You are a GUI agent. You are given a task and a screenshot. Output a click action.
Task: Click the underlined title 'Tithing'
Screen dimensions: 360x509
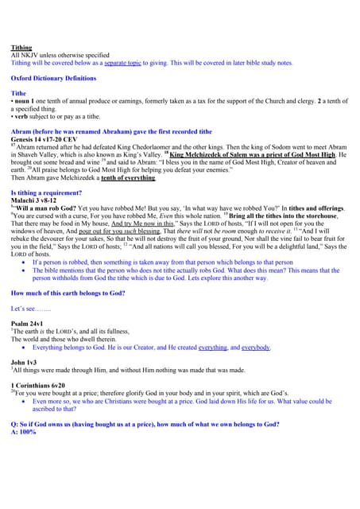(21, 48)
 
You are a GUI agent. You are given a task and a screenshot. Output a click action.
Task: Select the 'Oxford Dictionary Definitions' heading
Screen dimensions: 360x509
(52, 78)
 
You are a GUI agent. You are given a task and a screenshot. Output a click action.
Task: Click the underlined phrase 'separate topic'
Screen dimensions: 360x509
(126, 62)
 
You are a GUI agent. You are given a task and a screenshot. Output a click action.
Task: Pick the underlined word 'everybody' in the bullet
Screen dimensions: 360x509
(251, 347)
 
